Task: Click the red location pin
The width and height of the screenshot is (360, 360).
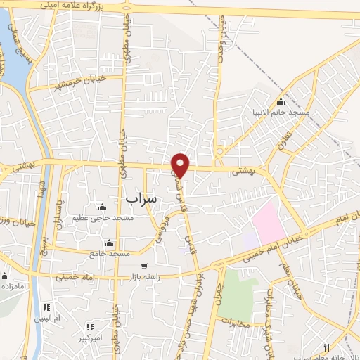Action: [x=181, y=165]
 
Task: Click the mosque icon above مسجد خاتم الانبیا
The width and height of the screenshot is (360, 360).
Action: [x=281, y=101]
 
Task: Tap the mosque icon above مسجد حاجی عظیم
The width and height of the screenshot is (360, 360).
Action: [x=103, y=207]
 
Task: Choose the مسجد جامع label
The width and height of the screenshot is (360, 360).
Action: [x=110, y=252]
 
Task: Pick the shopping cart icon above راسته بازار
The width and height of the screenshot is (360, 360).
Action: [x=144, y=266]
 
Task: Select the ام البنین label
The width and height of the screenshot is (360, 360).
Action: [x=47, y=318]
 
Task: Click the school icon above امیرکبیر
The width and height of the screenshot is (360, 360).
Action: [x=90, y=327]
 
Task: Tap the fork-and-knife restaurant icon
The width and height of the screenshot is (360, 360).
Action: [x=326, y=347]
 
